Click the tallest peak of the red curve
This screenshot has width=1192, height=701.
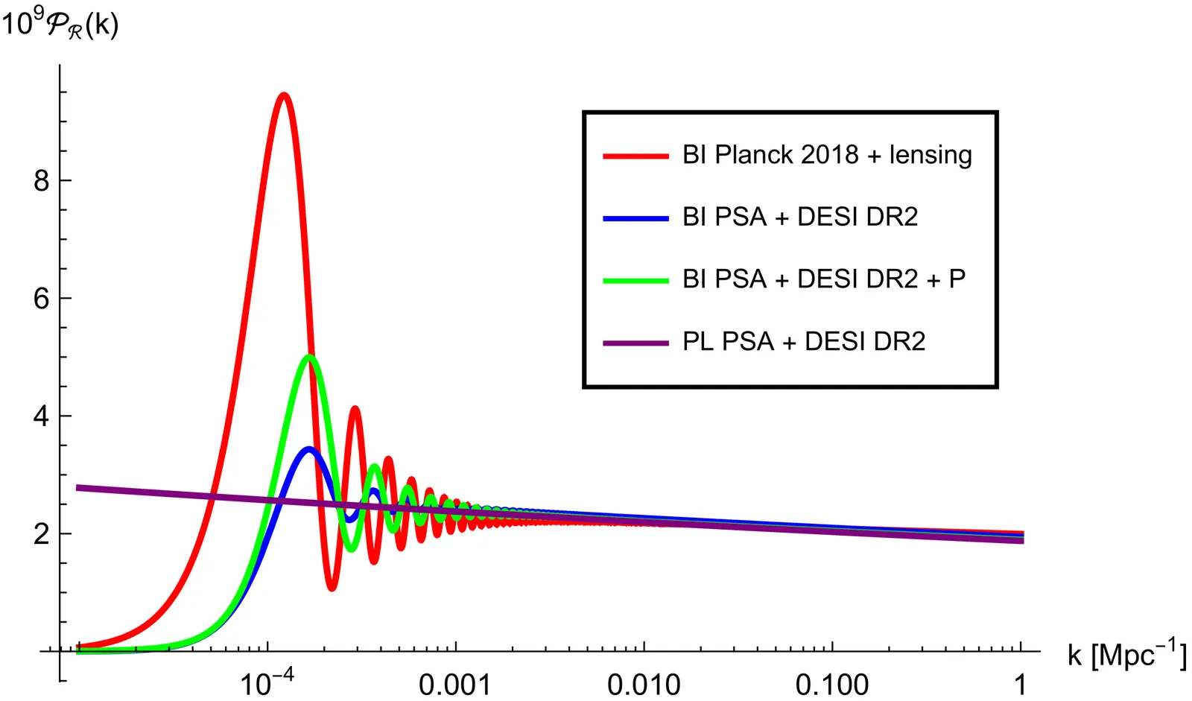coord(283,95)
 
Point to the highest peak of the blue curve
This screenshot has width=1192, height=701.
coord(308,448)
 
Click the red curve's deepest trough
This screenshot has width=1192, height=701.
coord(332,589)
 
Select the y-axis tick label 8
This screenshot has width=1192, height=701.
coord(42,181)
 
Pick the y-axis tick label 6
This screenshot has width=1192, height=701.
coord(42,299)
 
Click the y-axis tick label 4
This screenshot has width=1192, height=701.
coord(42,416)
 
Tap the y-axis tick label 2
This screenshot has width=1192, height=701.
coord(42,534)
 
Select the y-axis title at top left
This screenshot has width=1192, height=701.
coord(60,25)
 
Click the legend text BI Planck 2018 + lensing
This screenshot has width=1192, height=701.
coord(827,155)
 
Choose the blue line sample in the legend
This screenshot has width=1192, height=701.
coord(635,218)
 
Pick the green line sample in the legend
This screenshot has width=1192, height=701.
coord(635,281)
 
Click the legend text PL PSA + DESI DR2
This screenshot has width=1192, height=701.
coord(804,342)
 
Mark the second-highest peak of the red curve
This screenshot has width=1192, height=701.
coord(355,408)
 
